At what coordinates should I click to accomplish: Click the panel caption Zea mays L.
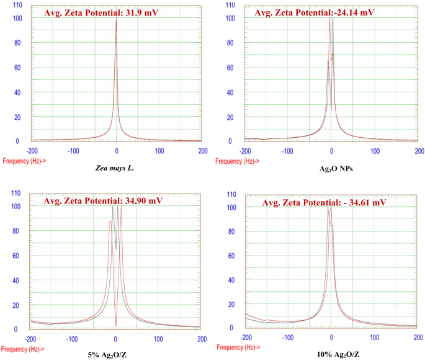pos(117,168)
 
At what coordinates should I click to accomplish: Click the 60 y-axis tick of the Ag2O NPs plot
pos(231,68)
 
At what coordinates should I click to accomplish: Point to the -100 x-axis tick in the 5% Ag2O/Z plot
pos(73,339)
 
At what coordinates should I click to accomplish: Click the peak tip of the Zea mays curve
pos(117,19)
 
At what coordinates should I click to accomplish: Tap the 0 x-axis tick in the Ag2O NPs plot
pos(331,150)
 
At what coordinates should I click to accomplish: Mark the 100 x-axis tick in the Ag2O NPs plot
pos(375,150)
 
